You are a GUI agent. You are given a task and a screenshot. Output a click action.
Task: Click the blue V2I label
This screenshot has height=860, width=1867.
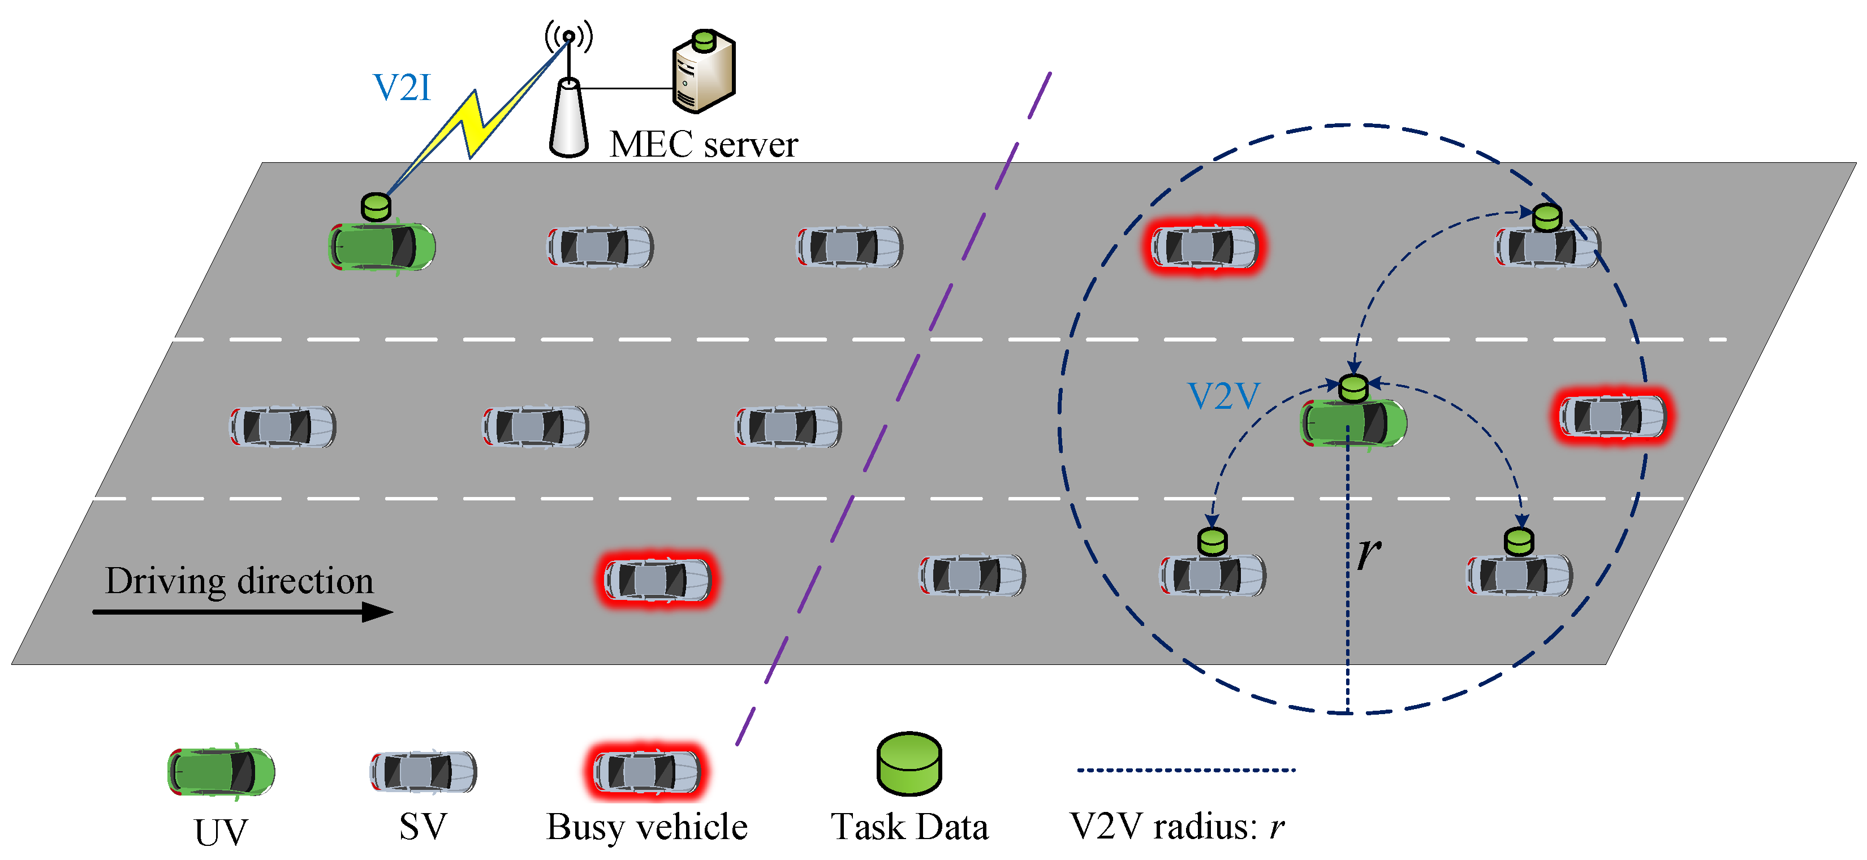pos(402,88)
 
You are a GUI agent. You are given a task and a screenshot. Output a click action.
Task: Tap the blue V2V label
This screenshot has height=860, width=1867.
pos(1223,396)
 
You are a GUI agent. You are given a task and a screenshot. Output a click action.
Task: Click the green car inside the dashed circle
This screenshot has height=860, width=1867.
pos(1353,422)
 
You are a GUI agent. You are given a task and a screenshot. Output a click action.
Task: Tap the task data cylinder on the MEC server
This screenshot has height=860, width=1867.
pos(703,41)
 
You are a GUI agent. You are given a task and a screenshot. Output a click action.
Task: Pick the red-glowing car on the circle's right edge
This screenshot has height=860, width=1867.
pos(1612,416)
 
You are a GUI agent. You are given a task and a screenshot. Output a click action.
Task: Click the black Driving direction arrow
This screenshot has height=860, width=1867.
pos(243,612)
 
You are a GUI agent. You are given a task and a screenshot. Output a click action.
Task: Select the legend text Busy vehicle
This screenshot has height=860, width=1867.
pos(646,827)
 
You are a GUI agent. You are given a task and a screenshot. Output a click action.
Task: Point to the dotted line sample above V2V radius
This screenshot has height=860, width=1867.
pos(1185,770)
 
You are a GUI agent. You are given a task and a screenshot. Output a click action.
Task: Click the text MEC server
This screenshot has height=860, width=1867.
pos(703,144)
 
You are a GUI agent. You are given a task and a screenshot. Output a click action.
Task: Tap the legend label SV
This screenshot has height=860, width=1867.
pos(423,827)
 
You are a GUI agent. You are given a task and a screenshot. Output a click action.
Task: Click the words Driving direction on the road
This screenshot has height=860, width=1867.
pos(239,581)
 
